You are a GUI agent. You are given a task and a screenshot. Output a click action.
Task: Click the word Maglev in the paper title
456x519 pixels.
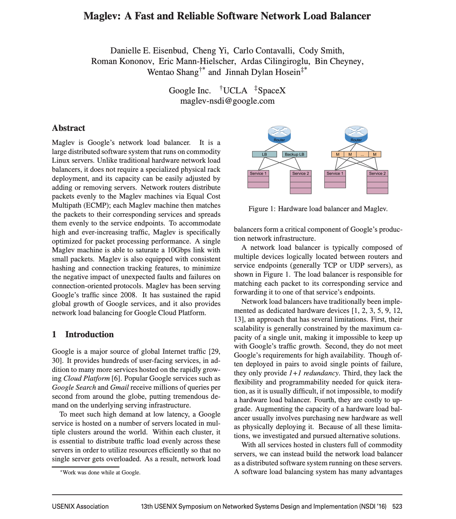[x=101, y=16]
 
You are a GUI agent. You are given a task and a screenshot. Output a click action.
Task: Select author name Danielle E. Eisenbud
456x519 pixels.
[x=149, y=51]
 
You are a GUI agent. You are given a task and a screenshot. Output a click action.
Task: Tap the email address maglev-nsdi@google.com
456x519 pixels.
[x=227, y=101]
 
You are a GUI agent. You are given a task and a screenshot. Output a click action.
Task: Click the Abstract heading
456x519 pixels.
[x=69, y=128]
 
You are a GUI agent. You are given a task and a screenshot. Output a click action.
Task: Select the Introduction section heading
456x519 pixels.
[x=89, y=334]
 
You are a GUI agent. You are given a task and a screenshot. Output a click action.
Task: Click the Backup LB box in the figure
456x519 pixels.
[x=294, y=154]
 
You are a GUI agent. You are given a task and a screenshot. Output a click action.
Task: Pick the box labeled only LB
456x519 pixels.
[x=264, y=154]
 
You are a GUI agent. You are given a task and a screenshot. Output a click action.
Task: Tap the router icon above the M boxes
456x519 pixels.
[x=356, y=134]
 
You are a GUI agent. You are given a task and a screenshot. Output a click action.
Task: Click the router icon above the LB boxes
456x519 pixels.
[x=279, y=134]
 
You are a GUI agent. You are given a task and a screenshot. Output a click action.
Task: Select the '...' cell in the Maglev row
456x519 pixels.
[x=362, y=154]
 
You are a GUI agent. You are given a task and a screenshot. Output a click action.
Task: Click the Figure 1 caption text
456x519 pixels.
[x=318, y=209]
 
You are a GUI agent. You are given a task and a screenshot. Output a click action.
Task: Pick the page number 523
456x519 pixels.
[x=397, y=507]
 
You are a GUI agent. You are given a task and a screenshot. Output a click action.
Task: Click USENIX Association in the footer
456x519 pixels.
[x=80, y=507]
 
